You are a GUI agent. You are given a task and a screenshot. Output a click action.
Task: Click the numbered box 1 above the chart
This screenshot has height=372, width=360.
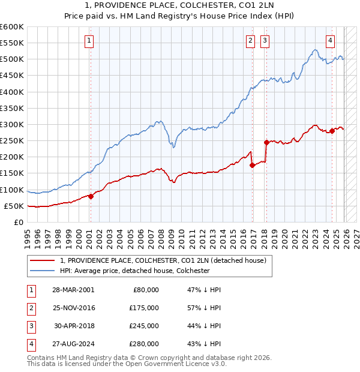coord(89,41)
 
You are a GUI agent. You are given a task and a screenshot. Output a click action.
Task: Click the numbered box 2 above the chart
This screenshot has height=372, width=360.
coord(250,41)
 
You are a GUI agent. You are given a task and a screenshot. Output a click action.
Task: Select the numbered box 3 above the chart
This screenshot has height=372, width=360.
coord(265,41)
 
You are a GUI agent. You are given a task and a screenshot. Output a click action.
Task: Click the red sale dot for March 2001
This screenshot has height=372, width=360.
coord(91,196)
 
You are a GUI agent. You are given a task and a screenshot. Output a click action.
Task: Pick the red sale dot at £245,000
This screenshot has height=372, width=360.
coord(266,142)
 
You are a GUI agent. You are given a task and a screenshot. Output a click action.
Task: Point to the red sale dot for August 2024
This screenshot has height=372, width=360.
coord(332,131)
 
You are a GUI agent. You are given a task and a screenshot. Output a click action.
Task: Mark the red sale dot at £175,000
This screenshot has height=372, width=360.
coord(252,165)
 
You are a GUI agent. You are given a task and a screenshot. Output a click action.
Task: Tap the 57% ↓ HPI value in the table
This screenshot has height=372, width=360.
coord(205,307)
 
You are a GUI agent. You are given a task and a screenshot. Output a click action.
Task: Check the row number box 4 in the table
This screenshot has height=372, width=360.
coord(30,344)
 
